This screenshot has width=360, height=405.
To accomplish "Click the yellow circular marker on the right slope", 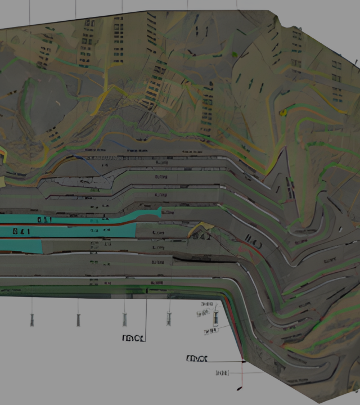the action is [283, 112].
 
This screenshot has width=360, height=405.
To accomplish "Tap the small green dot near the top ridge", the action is [234, 54].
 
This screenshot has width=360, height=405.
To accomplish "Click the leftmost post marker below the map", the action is [32, 319].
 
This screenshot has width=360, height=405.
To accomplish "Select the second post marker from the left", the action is [78, 319].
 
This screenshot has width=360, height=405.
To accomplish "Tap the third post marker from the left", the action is [124, 319].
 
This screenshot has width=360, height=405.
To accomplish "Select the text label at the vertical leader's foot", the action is [134, 338].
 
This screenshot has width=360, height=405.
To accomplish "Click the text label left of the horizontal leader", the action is [197, 358].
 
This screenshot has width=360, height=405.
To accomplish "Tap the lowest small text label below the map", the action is [223, 372].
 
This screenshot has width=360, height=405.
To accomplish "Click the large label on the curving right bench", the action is [254, 245].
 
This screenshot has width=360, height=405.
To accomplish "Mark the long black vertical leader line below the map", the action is [147, 315].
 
